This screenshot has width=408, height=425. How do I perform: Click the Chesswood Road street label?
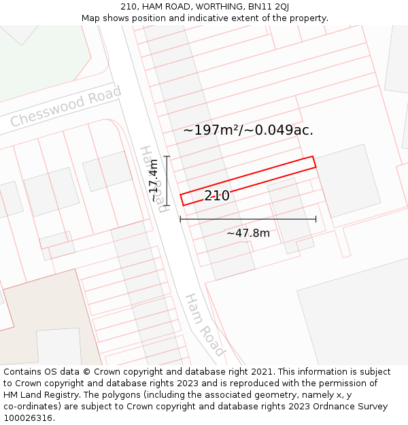click(x=66, y=107)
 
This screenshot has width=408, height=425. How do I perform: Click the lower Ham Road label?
click(x=204, y=325)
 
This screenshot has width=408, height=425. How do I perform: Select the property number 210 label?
click(x=217, y=196)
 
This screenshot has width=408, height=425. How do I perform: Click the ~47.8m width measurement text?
click(x=248, y=233)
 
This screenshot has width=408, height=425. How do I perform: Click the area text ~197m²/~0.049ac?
click(x=248, y=130)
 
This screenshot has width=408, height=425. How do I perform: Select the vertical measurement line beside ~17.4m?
click(x=167, y=181)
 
